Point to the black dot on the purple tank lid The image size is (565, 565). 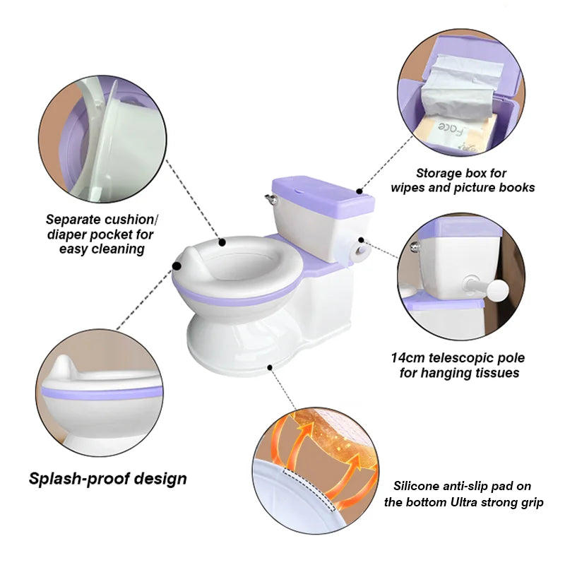point(359,191)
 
